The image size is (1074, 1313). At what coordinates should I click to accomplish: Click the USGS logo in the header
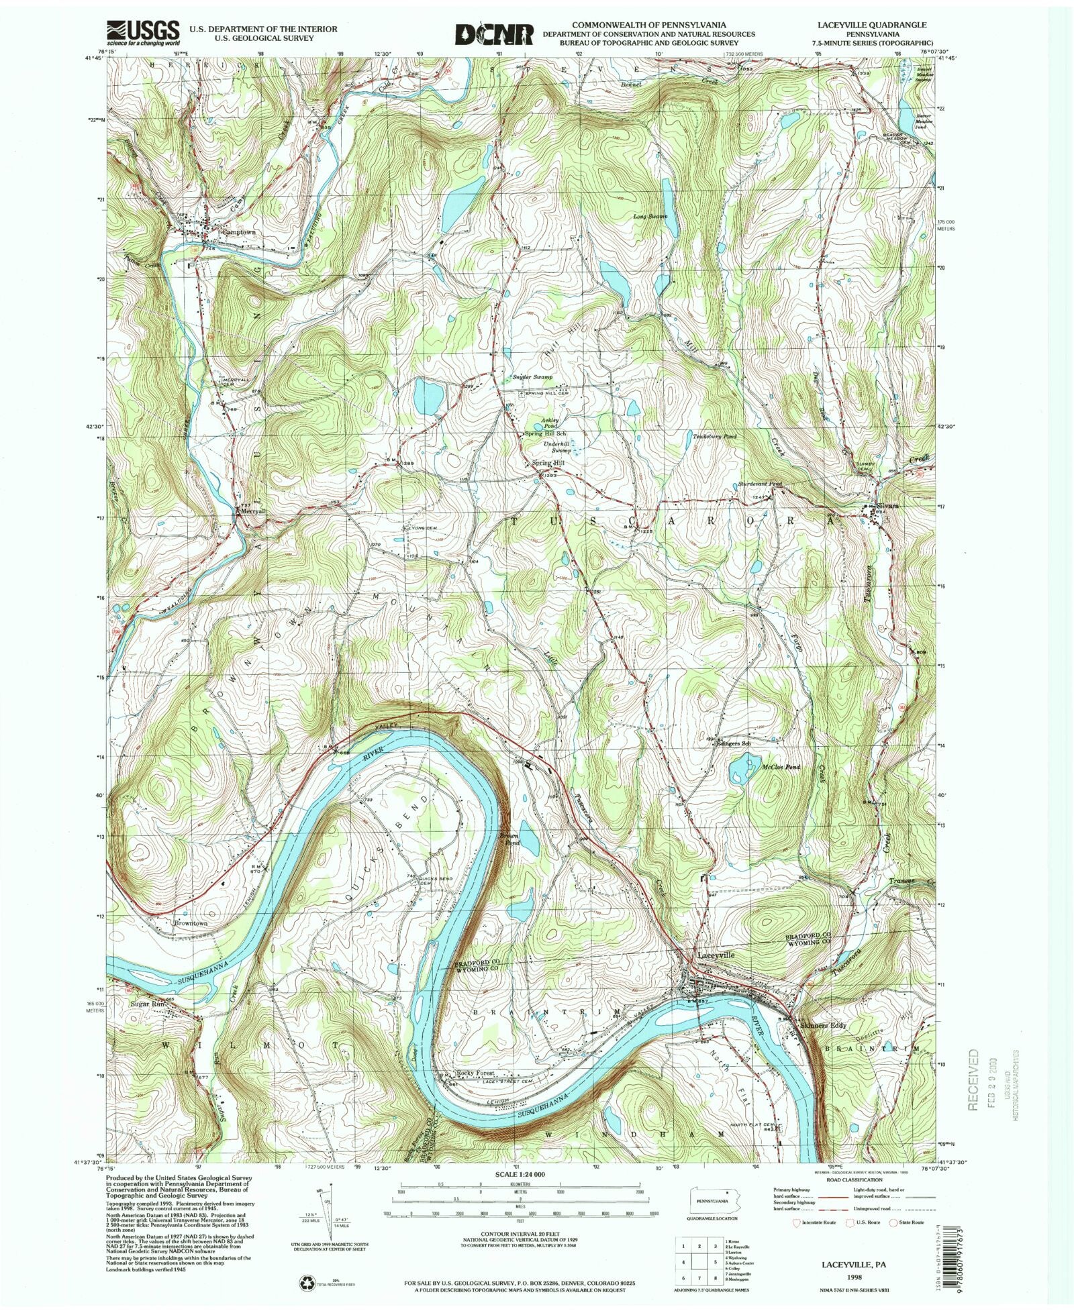[x=143, y=32]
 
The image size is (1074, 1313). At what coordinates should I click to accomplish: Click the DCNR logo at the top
[x=494, y=35]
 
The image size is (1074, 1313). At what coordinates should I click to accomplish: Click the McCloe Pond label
[x=781, y=766]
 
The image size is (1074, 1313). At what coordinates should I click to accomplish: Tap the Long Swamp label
[x=650, y=217]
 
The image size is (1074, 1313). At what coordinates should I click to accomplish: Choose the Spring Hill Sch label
[x=545, y=434]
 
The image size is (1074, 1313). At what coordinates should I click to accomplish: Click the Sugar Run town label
[x=147, y=1004]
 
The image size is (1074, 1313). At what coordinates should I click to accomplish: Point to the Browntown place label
[x=191, y=923]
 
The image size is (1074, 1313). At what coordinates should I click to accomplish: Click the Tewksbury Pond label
[x=714, y=436]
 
